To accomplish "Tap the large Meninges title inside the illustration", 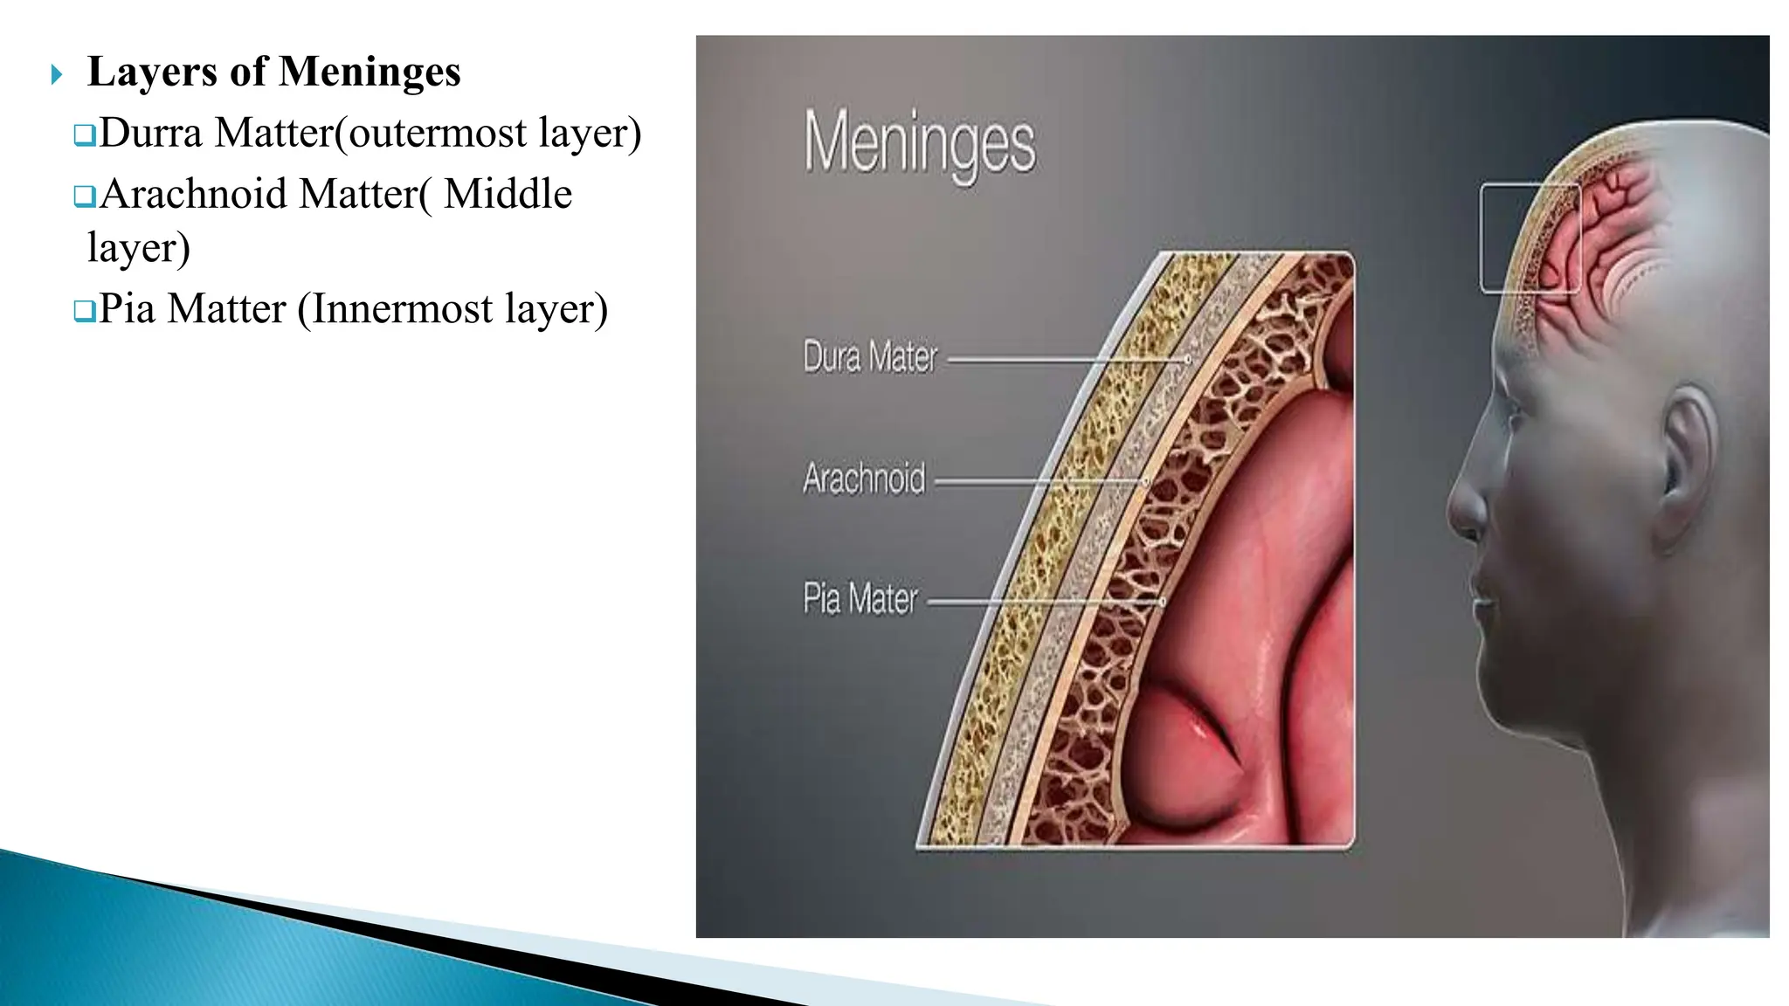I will point(919,143).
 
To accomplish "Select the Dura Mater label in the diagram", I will point(870,358).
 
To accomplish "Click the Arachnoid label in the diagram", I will point(864,479).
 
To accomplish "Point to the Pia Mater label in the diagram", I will point(860,600).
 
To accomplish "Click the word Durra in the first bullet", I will point(150,134).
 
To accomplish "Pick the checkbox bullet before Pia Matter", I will point(84,311).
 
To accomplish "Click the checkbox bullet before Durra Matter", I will point(84,135).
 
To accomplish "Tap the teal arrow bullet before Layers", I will point(57,75).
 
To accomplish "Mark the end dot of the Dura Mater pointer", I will point(1188,359).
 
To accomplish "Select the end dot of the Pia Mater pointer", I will point(1163,602).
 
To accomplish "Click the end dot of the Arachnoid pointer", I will point(1147,481).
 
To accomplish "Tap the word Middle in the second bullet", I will point(508,195).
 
